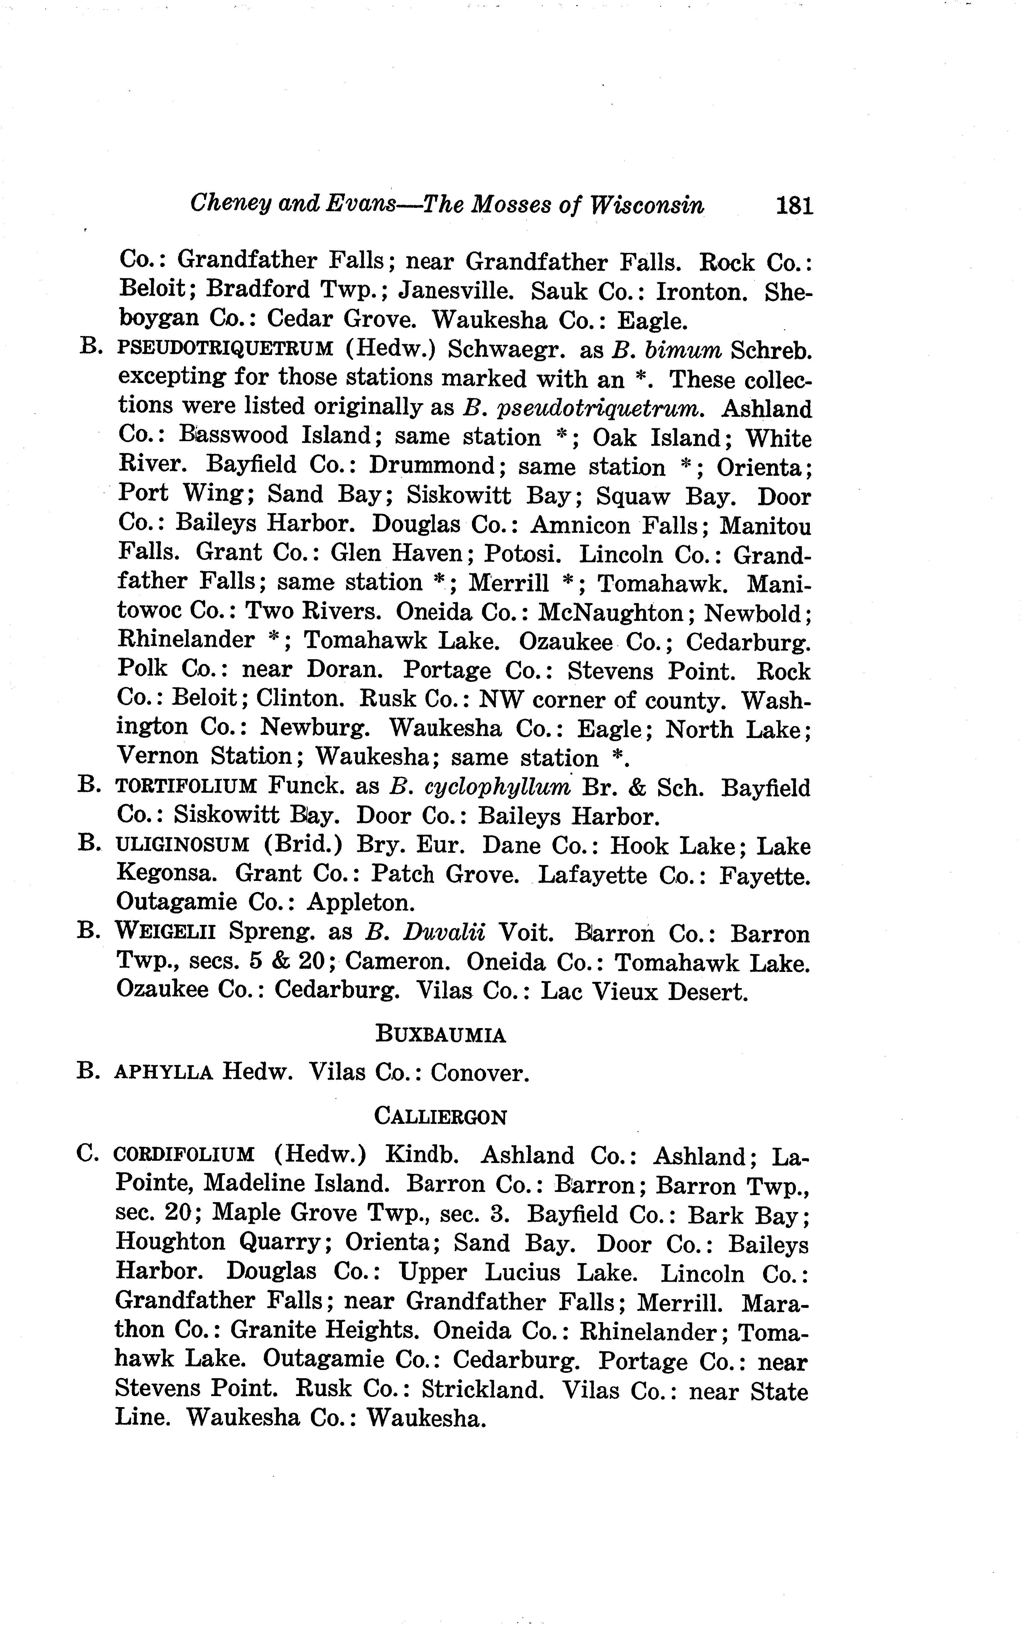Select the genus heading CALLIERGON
point(440,1117)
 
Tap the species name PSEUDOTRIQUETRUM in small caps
point(226,349)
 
